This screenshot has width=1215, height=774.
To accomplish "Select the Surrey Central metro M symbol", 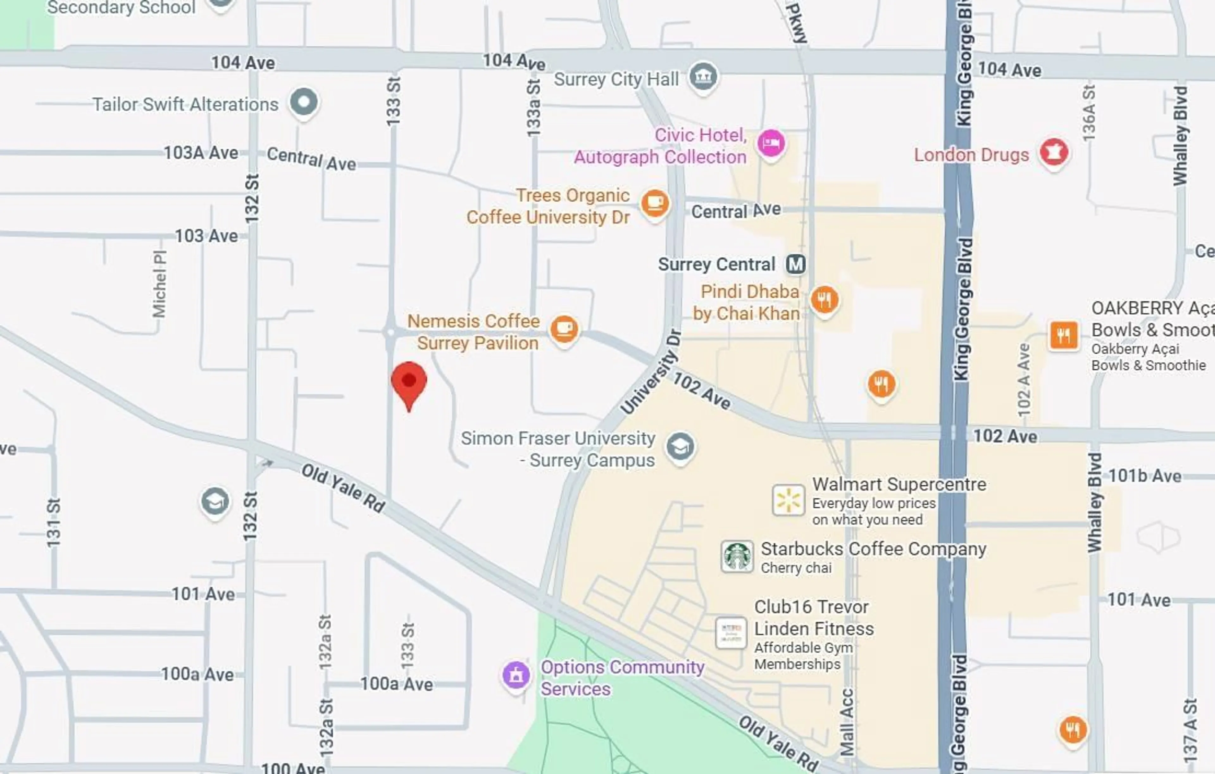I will click(x=796, y=264).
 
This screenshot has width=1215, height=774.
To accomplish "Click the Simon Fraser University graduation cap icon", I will click(x=680, y=447).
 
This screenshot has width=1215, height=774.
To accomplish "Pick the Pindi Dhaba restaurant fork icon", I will click(x=825, y=300).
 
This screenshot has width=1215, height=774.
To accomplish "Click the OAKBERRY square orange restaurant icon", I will click(x=1064, y=335).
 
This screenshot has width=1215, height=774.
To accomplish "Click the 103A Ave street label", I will click(x=201, y=153).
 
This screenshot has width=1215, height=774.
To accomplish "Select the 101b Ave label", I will click(x=1144, y=476).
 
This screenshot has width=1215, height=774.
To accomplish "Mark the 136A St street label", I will click(x=1088, y=114).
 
